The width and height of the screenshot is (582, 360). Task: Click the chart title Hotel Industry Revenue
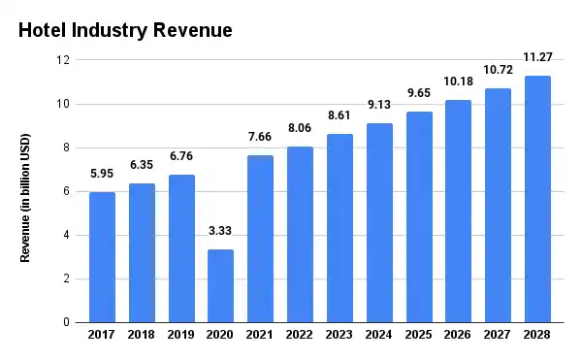click(x=126, y=30)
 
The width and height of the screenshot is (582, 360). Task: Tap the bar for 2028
click(x=537, y=199)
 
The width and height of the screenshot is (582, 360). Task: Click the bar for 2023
click(x=339, y=228)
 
